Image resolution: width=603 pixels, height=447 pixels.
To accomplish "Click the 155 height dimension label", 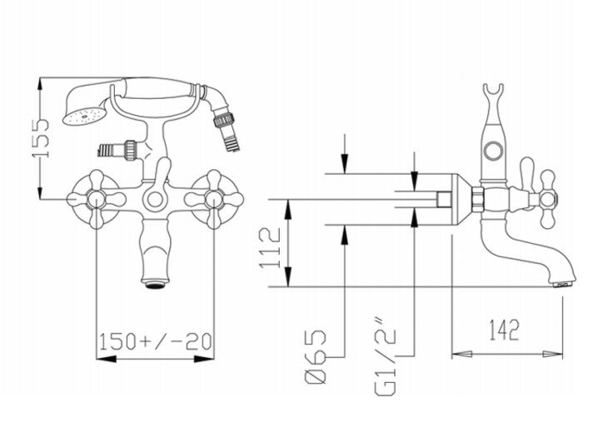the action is (41, 138).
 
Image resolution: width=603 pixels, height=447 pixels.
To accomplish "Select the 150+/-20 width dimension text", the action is (156, 341).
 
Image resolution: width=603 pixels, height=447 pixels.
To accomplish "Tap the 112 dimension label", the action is (271, 248).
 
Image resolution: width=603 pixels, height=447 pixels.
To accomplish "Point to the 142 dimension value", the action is (504, 330).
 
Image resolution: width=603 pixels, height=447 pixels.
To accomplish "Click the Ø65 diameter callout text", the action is (316, 356).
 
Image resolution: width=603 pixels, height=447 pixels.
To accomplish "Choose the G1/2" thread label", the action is (386, 356).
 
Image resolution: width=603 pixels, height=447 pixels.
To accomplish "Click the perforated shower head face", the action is (84, 117).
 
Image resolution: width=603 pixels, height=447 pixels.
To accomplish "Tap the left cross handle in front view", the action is (96, 199).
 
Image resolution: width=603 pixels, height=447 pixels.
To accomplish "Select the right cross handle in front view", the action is (214, 199).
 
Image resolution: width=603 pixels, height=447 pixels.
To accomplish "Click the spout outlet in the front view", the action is (155, 285).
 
